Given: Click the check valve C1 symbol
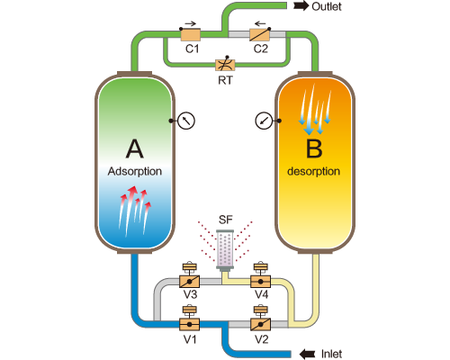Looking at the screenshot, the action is [x=191, y=34].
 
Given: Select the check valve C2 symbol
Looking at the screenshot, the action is [x=260, y=34].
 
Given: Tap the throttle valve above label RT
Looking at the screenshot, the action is [x=225, y=65].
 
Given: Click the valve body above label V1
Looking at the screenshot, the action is [x=189, y=324].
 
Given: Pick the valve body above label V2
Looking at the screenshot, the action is [x=261, y=324].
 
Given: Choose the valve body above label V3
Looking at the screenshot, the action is [x=189, y=282].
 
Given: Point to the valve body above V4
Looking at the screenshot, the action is [x=261, y=282].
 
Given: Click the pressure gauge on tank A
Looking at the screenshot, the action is [x=186, y=121].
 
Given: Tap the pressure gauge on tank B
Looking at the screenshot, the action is [x=264, y=121].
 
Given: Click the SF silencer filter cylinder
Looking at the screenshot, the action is [x=225, y=249].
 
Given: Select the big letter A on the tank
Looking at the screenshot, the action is [x=135, y=148].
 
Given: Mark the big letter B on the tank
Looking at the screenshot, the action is [x=314, y=148].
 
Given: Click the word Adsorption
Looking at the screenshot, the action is [x=135, y=171].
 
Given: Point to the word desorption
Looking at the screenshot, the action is [x=313, y=171].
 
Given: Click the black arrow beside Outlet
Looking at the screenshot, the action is [x=301, y=5].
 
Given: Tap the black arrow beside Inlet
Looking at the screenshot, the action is [x=308, y=354].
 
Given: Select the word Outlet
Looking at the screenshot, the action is [x=327, y=6].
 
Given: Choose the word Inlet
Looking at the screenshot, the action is [x=331, y=354].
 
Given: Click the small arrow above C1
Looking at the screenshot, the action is [x=190, y=23].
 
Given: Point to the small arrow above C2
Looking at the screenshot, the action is [x=260, y=23].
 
